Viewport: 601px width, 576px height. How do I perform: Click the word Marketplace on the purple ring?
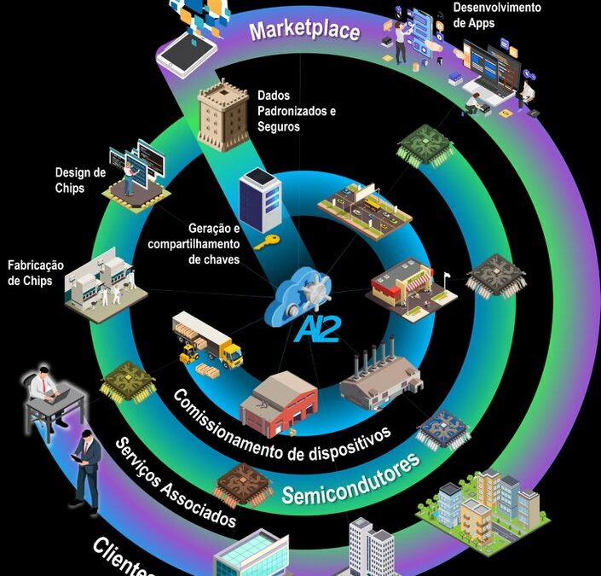click(x=304, y=31)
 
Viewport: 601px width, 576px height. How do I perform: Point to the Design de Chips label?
click(x=80, y=180)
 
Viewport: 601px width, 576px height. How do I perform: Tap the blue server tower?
click(x=259, y=201)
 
